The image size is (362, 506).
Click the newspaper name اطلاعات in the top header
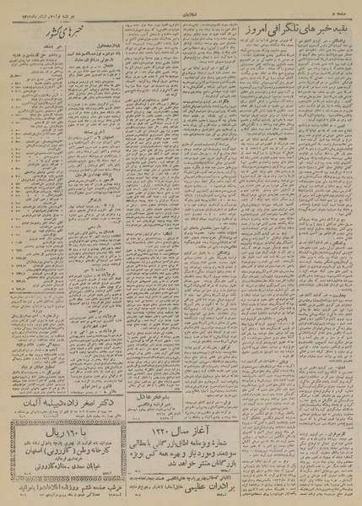click(181, 10)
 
